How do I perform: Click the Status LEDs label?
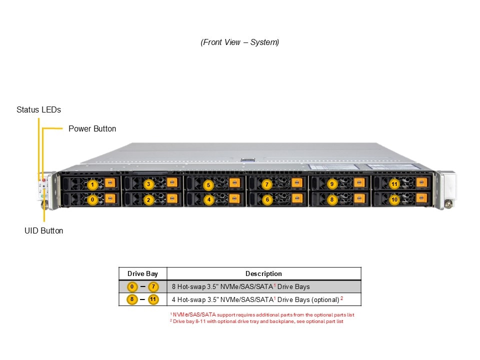[38, 109]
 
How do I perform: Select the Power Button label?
[92, 128]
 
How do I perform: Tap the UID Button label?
[44, 230]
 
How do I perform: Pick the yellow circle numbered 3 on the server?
[148, 184]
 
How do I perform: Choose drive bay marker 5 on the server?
[209, 185]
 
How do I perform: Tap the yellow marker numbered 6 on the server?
[267, 199]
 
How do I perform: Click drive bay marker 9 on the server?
[331, 184]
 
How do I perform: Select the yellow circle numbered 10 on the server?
[394, 199]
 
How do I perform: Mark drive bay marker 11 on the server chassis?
[394, 184]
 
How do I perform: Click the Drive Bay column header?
[142, 273]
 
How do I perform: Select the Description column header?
[263, 273]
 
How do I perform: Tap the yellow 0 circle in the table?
[132, 287]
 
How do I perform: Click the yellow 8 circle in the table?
[132, 300]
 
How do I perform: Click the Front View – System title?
[240, 42]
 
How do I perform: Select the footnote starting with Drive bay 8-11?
[257, 321]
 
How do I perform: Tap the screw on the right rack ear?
[448, 204]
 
